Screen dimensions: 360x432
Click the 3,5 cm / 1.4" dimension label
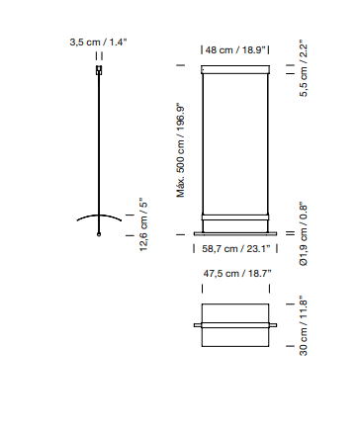[98, 43]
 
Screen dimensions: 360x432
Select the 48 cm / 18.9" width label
[235, 50]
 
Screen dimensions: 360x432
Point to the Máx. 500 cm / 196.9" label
[181, 151]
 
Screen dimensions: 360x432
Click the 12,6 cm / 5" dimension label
[143, 224]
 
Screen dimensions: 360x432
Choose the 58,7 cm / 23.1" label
[236, 248]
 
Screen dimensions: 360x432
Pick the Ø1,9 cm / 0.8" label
[304, 234]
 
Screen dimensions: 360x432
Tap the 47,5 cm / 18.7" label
[237, 273]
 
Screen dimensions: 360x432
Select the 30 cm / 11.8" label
[304, 327]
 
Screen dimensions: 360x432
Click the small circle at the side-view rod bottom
[99, 234]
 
